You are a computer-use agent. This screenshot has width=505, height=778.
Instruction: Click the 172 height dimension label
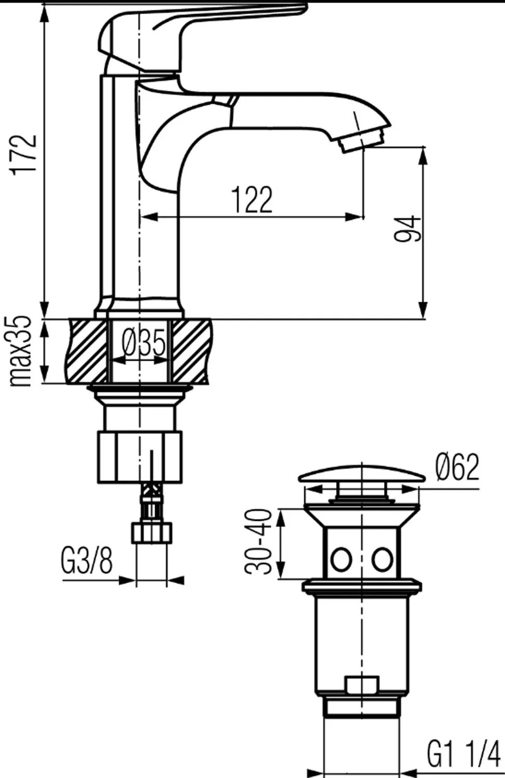coord(24,153)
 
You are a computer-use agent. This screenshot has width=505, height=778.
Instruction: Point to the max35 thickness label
coord(21,350)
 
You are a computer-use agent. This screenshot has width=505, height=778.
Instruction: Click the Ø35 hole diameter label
coord(143,343)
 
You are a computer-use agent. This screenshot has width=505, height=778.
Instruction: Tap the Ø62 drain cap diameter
coord(457,468)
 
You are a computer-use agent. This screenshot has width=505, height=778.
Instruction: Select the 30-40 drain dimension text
coord(258,542)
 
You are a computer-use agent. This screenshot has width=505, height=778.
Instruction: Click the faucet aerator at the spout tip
coord(362,140)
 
